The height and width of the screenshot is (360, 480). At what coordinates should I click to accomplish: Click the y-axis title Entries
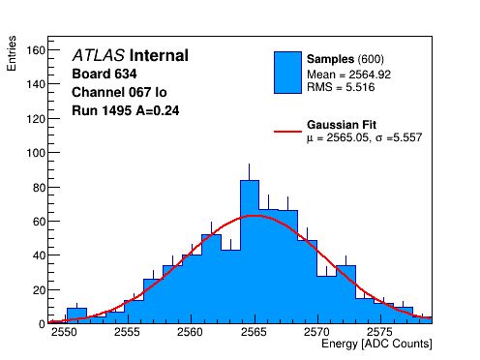[x=12, y=53]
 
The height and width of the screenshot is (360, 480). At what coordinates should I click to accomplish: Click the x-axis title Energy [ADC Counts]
[x=376, y=344]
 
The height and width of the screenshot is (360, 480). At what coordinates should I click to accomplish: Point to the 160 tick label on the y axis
[x=36, y=50]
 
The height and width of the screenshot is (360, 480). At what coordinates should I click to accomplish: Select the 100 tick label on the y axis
[x=36, y=153]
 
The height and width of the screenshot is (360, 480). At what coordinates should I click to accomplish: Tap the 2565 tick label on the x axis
[x=255, y=332]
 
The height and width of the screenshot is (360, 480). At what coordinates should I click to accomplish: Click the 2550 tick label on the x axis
[x=64, y=332]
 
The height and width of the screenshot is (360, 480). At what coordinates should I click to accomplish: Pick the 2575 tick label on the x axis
[x=381, y=332]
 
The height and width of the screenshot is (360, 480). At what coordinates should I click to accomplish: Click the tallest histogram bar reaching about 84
[x=250, y=252]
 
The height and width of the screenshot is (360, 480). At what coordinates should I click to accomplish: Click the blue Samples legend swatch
[x=287, y=73]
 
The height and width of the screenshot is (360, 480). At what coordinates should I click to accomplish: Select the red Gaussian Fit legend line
[x=287, y=132]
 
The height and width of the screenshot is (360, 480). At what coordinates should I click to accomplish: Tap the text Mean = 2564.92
[x=348, y=75]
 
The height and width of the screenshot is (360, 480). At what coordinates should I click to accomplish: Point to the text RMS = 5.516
[x=341, y=87]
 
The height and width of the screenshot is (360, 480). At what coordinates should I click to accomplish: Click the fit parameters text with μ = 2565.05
[x=364, y=137]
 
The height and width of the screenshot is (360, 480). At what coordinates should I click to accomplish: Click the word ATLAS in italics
[x=99, y=55]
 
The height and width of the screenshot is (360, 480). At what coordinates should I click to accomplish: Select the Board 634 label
[x=105, y=74]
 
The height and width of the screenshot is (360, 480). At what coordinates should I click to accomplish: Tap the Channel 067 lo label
[x=119, y=92]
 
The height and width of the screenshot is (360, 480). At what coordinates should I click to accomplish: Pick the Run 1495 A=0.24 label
[x=126, y=110]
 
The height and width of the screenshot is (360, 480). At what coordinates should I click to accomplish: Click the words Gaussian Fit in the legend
[x=342, y=125]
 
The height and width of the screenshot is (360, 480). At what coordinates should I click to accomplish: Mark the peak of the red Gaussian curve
[x=255, y=216]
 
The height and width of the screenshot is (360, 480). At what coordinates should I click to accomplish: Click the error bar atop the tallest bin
[x=249, y=172]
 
